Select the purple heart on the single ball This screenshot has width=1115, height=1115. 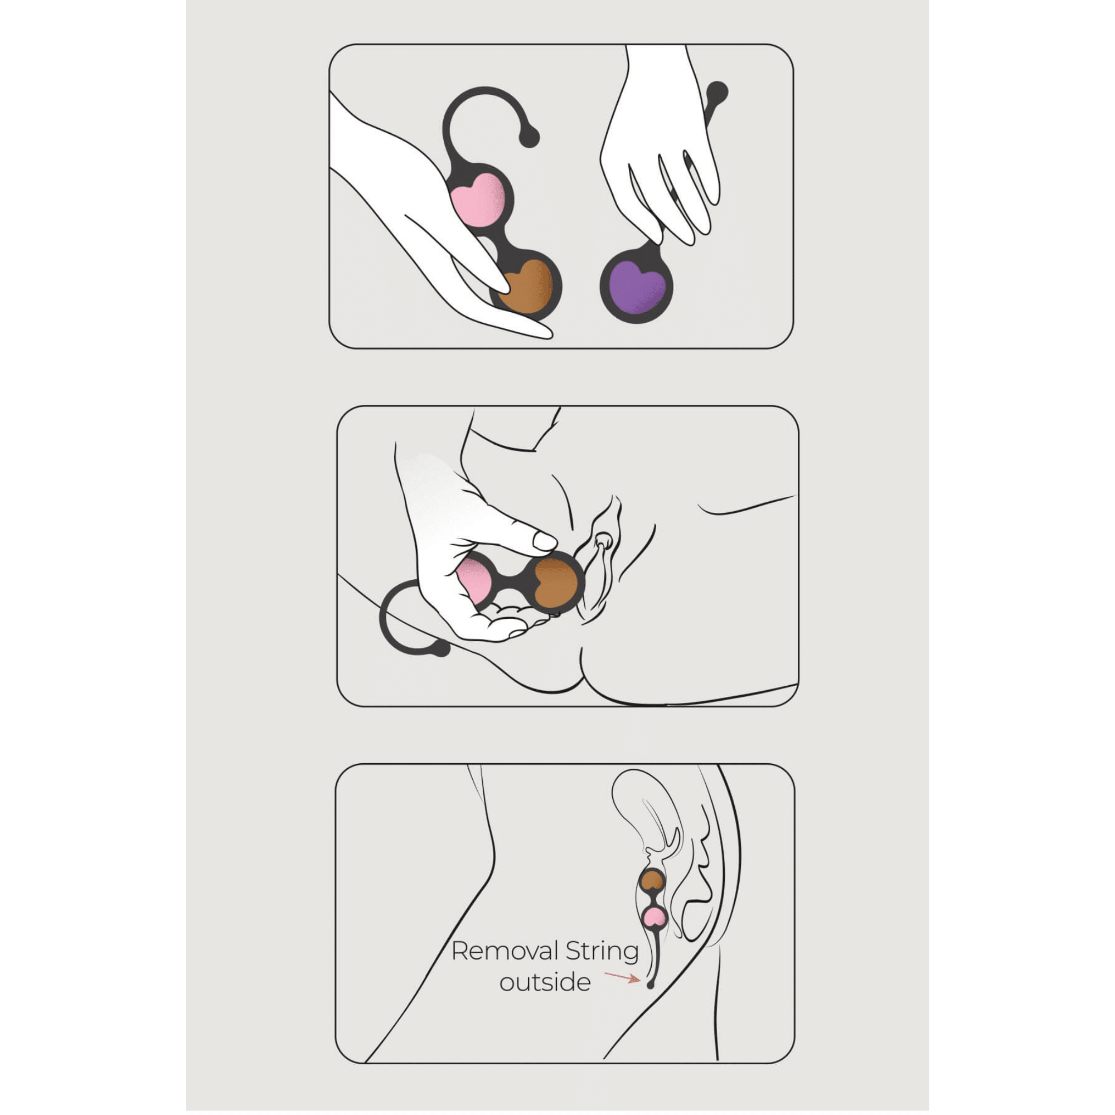tap(638, 287)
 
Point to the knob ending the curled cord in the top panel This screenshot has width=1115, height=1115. tap(529, 137)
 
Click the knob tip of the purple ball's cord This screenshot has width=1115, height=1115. tap(717, 93)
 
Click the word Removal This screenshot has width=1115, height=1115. tap(505, 952)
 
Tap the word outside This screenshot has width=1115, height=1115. tap(545, 982)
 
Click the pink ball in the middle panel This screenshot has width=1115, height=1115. tap(474, 581)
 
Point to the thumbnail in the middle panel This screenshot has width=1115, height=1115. tap(544, 541)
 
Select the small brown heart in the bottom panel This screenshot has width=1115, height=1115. tap(653, 880)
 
